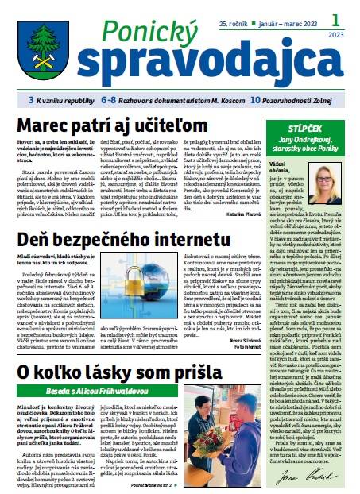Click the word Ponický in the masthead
coord(129,30)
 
